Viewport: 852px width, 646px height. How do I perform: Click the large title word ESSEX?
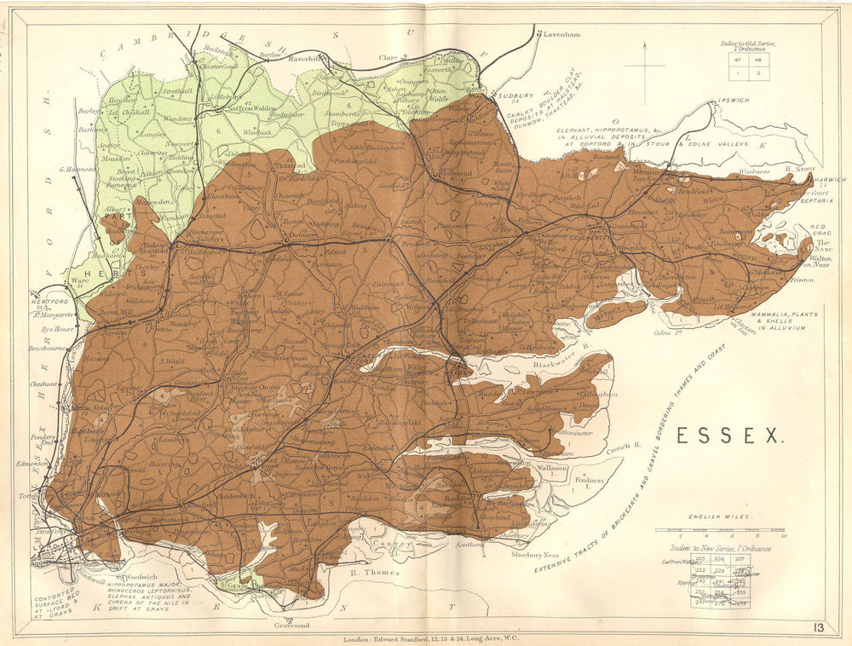730,435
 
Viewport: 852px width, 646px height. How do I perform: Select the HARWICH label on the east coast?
829,181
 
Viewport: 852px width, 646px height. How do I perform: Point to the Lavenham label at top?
561,35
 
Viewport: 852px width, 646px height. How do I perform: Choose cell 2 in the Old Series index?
759,73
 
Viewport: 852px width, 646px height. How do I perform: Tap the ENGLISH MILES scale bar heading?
715,517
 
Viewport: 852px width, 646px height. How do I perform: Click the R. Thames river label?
375,573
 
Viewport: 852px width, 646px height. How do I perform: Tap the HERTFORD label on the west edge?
50,302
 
